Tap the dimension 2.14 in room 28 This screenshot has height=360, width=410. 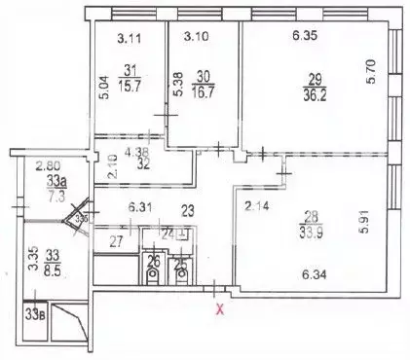click(256, 206)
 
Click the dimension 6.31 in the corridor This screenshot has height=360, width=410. click(143, 206)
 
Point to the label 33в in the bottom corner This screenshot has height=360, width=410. click(36, 313)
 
